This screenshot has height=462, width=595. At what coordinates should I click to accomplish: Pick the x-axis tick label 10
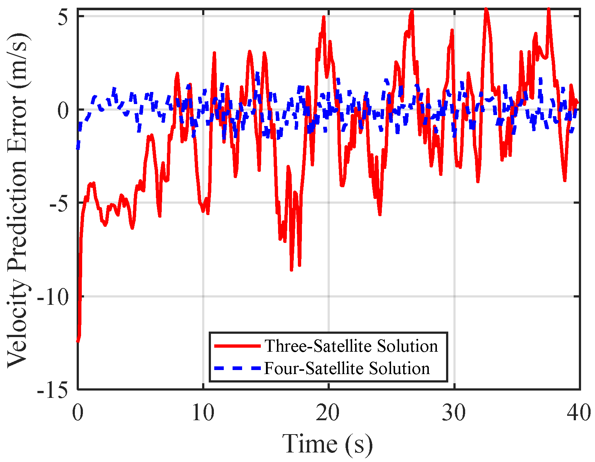pos(203,413)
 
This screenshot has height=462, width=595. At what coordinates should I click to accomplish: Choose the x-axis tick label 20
pos(329,413)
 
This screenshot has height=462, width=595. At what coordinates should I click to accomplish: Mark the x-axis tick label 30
pos(454,413)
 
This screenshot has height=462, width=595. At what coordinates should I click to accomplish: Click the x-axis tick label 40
pos(579,413)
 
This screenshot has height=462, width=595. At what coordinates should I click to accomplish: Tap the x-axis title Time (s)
pos(327,444)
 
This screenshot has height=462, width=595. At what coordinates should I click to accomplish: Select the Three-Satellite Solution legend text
pos(351,346)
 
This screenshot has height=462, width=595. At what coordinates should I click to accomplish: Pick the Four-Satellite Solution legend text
pos(347,368)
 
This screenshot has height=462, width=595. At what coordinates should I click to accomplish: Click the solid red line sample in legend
pos(237,346)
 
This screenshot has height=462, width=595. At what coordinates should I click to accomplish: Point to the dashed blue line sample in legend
pos(237,368)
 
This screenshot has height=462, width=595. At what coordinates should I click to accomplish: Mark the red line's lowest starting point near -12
pos(78,341)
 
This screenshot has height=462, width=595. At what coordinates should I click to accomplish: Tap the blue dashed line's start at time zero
pos(78,148)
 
